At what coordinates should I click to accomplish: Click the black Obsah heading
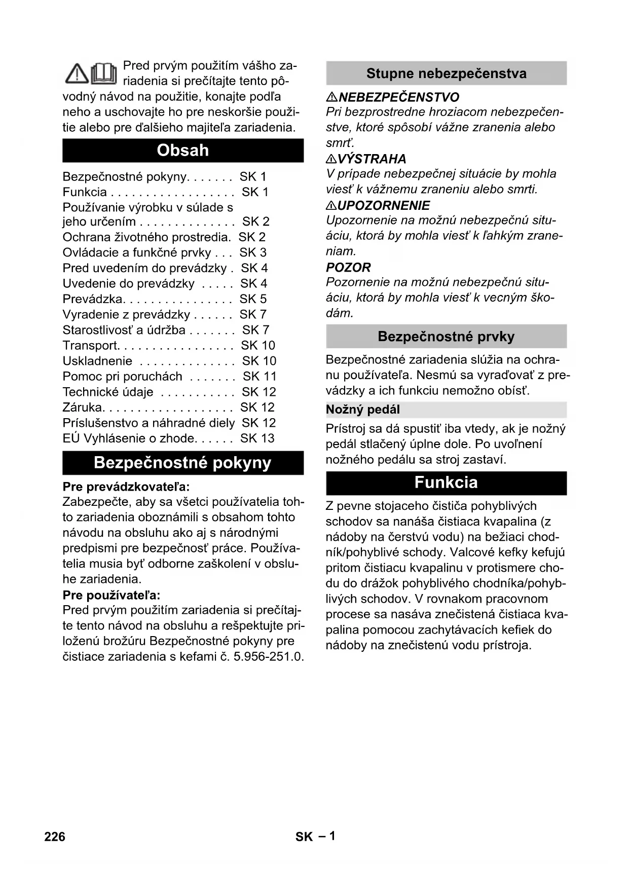click(x=183, y=151)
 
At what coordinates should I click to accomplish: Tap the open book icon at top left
click(x=105, y=73)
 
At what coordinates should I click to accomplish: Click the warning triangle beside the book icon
click(x=78, y=75)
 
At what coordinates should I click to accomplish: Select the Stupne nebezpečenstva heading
click(x=446, y=73)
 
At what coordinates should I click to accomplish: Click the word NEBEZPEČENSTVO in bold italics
click(x=399, y=97)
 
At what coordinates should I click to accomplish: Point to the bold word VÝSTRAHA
click(x=372, y=159)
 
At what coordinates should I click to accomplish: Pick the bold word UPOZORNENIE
click(x=384, y=205)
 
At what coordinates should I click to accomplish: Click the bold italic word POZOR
click(x=348, y=267)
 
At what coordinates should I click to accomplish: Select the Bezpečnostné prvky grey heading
click(x=446, y=337)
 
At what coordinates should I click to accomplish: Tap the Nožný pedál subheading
click(x=363, y=410)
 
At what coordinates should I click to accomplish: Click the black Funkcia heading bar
click(x=446, y=483)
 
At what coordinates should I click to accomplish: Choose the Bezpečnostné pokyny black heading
click(x=183, y=463)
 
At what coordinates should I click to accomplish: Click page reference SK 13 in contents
click(x=257, y=438)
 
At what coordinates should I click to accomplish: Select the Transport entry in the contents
click(x=90, y=346)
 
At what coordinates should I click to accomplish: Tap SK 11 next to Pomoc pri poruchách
click(x=260, y=377)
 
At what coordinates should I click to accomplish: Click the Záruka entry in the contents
click(x=83, y=408)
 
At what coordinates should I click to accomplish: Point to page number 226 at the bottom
click(x=55, y=836)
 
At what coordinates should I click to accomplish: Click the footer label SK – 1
click(x=315, y=836)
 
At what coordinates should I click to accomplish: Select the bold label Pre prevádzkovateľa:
click(x=126, y=487)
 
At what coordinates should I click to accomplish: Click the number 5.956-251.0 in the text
click(x=268, y=657)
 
